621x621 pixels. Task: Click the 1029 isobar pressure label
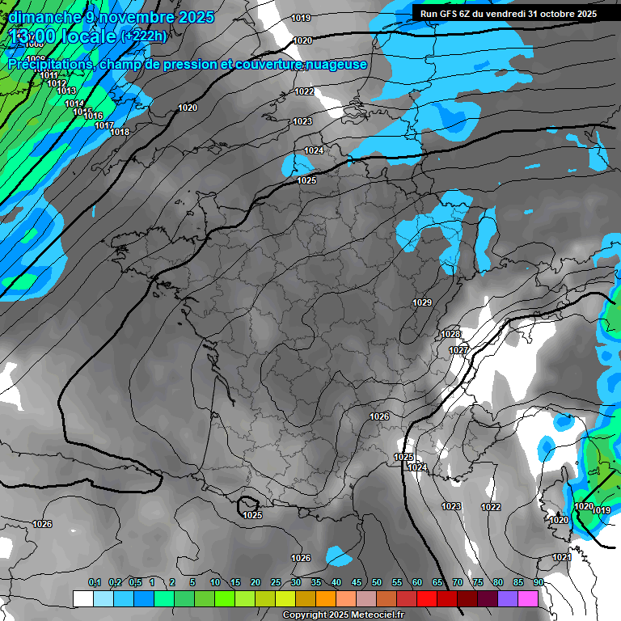click(x=422, y=302)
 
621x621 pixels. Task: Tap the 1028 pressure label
click(x=450, y=334)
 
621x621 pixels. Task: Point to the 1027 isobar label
click(x=458, y=350)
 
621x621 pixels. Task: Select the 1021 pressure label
click(x=562, y=557)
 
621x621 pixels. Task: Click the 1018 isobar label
click(x=120, y=132)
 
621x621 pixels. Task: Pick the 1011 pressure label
click(x=49, y=75)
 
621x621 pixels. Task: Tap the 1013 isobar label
click(x=66, y=91)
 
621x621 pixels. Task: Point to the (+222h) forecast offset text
click(x=144, y=36)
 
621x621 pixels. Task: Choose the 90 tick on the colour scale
click(x=538, y=582)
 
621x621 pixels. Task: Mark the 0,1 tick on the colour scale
click(x=95, y=582)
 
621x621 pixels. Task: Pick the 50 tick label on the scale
click(x=377, y=582)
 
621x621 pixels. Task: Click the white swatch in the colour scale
click(x=83, y=598)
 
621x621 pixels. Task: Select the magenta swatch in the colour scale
click(x=528, y=598)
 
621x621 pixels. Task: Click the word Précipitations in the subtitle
click(x=49, y=64)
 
